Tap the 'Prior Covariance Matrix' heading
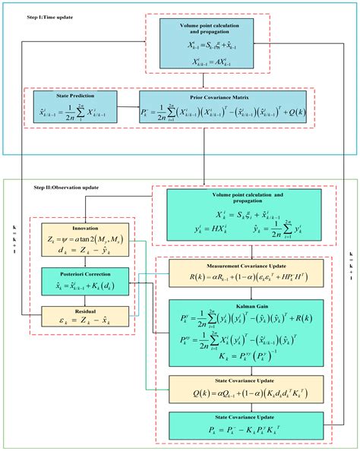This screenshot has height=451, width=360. click(x=224, y=96)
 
